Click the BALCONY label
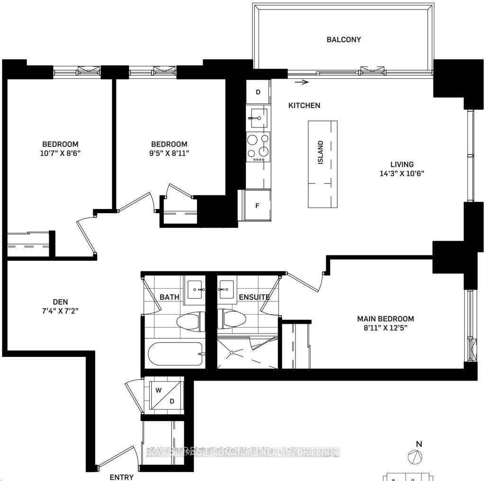343,40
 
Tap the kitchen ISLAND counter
323,164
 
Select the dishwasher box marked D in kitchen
258,92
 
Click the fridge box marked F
257,206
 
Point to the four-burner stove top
258,147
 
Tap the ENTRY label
121,477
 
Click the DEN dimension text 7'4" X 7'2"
60,311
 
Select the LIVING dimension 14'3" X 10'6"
402,173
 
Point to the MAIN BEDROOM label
386,319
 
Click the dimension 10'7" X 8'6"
60,153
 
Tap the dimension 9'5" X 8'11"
169,153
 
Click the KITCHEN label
305,106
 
